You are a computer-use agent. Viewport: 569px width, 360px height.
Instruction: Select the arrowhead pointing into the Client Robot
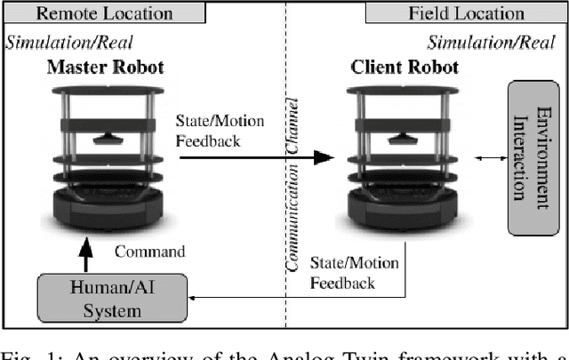point(324,157)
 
